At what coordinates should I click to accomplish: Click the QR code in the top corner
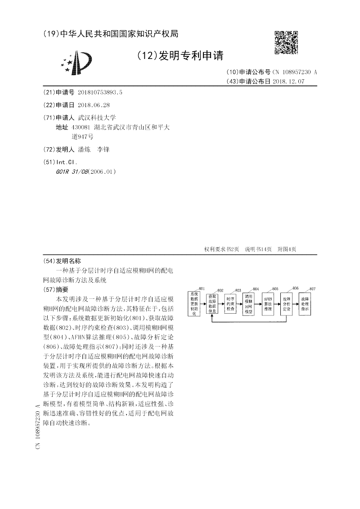[286, 43]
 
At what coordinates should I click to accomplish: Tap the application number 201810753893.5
[100, 92]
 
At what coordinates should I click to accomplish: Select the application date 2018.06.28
[94, 104]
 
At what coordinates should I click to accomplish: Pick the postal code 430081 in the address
[81, 127]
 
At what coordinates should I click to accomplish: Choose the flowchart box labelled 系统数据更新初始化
[194, 304]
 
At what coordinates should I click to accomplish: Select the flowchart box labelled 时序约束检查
[230, 304]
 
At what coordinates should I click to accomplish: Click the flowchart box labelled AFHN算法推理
[268, 304]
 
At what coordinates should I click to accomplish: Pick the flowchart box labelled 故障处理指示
[305, 304]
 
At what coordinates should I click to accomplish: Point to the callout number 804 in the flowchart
[256, 289]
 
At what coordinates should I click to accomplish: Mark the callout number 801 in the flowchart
[201, 288]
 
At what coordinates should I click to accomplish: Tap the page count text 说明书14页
[258, 249]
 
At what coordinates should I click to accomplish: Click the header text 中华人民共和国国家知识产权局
[119, 34]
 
